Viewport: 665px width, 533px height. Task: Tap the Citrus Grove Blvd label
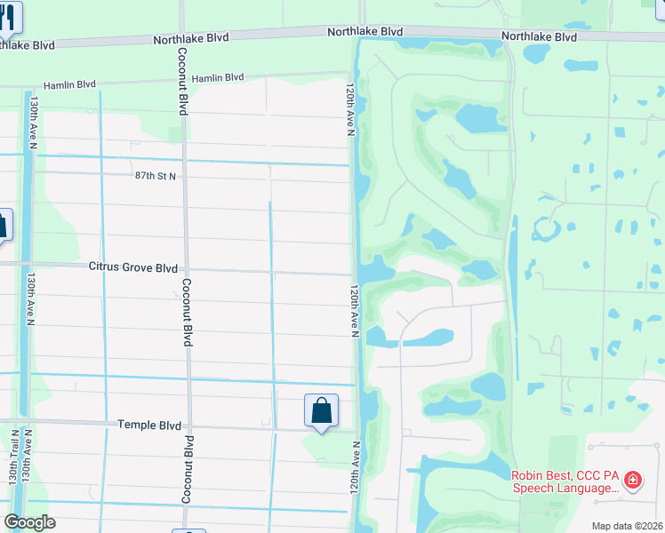click(132, 266)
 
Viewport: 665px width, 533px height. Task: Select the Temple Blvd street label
click(148, 426)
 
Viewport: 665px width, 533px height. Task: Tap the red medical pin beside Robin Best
click(632, 481)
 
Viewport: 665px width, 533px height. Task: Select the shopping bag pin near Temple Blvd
click(321, 411)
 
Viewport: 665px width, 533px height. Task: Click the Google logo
click(29, 521)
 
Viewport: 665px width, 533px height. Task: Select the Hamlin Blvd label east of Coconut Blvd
click(218, 78)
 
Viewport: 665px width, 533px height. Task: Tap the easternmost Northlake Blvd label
click(539, 36)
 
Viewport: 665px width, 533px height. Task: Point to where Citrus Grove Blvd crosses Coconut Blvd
click(185, 269)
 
